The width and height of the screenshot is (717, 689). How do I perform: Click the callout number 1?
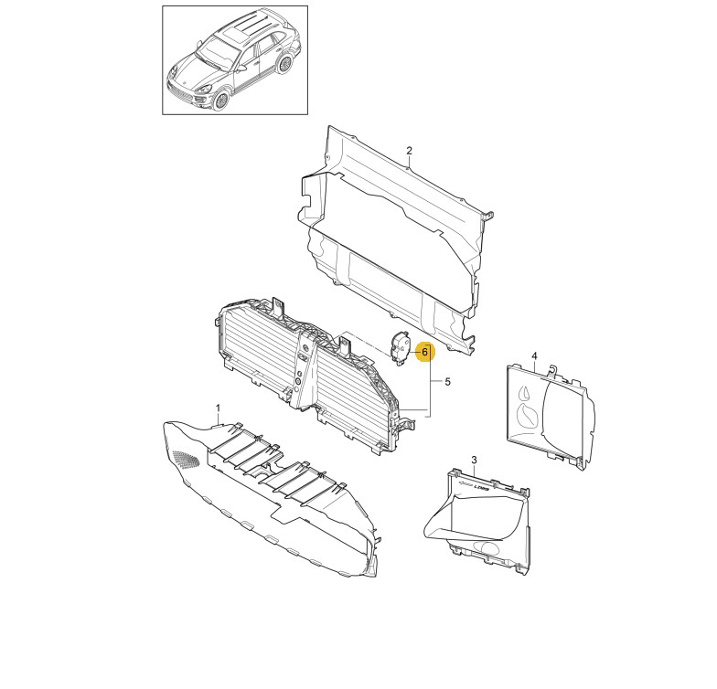point(218,408)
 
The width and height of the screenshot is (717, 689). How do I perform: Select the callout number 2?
point(410,150)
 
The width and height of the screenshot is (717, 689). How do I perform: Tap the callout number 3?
point(474,459)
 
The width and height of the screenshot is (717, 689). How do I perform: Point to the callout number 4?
point(534,356)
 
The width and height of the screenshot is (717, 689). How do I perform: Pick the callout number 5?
point(447,381)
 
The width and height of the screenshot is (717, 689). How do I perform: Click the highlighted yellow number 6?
point(424,352)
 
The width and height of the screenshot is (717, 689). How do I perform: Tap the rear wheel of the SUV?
point(285,64)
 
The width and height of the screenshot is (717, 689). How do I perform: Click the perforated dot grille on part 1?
point(187,459)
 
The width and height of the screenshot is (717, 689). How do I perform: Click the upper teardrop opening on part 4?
point(523,394)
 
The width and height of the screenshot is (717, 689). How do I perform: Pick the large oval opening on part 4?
point(529,416)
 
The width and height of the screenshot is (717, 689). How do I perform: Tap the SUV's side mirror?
point(241,68)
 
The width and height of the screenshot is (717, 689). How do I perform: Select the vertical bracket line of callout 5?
point(430,379)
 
